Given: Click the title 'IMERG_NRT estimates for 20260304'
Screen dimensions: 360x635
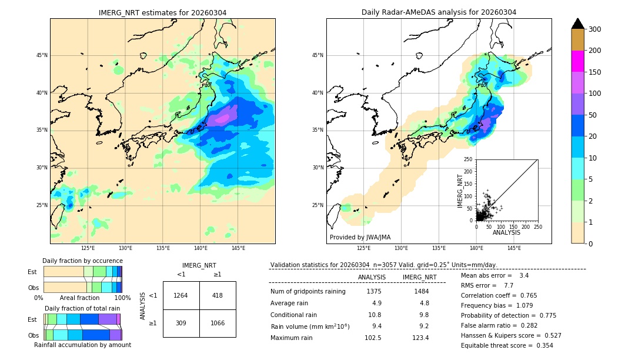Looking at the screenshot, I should tap(162, 12).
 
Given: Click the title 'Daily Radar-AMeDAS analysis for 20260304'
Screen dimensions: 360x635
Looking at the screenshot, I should tap(439, 12).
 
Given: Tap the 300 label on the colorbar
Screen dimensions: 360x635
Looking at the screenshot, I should tap(595, 29).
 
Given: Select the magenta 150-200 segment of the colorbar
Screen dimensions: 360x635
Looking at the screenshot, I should tap(577, 61).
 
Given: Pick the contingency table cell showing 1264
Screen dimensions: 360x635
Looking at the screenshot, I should tap(181, 295).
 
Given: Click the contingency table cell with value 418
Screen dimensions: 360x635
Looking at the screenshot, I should tap(218, 295).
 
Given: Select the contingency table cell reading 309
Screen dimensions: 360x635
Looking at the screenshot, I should tap(181, 323).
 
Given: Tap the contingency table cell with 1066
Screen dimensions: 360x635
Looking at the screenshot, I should tap(218, 323).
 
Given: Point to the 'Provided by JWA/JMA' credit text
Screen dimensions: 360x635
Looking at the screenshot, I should tap(360, 237).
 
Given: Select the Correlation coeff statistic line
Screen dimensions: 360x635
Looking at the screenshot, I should tap(506, 295).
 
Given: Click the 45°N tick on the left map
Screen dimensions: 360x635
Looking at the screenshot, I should tap(42, 55).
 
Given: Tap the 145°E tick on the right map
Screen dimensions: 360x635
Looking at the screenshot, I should tap(514, 249).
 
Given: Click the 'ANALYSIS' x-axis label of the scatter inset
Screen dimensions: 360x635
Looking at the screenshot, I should tap(506, 233).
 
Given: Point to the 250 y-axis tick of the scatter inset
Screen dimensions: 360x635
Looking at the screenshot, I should tap(468, 159).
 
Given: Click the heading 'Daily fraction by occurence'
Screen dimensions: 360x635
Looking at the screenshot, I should tap(82, 261).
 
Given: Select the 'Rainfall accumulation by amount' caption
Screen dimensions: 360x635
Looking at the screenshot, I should tap(82, 345).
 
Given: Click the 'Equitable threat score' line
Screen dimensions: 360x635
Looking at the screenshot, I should tap(507, 345).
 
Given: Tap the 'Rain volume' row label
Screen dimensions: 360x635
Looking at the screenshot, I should tap(310, 326).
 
